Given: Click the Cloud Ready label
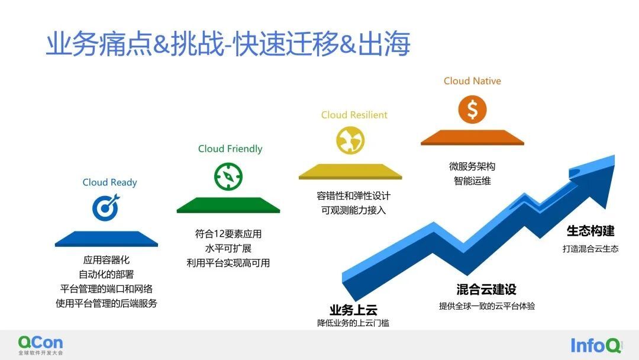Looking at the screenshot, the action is tap(109, 182).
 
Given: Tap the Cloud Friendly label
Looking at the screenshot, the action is tap(230, 149).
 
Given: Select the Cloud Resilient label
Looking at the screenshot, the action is tap(354, 115).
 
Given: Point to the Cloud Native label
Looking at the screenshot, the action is tap(472, 81).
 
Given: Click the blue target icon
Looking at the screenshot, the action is tap(106, 207).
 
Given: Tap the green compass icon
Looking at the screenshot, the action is tap(228, 176).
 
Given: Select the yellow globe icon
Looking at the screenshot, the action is tap(350, 140).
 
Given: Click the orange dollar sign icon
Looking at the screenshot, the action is tap(472, 110).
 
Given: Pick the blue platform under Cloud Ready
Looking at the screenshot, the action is tap(106, 239).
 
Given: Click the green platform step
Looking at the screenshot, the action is tap(228, 205).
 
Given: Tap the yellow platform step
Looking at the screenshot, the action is tap(350, 172).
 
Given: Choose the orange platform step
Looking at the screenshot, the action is tap(472, 138).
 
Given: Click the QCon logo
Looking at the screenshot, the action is tap(40, 345).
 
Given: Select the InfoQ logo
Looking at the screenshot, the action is tap(596, 345).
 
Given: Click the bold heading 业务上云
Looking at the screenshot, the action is tap(353, 310).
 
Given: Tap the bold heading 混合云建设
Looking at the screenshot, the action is tap(486, 290).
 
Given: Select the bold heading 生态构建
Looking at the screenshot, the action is tap(590, 231).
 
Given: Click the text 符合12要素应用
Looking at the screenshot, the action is tap(228, 234).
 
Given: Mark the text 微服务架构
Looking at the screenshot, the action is tap(472, 166).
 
